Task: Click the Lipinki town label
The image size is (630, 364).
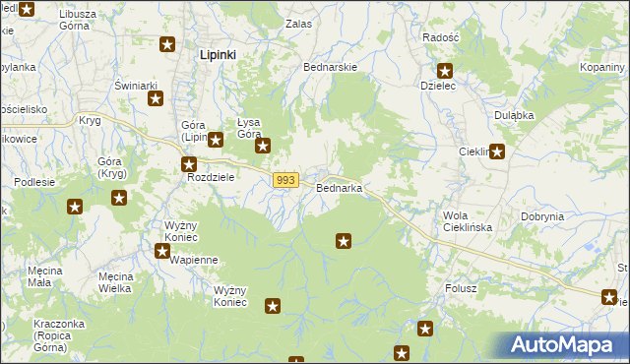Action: tap(218, 55)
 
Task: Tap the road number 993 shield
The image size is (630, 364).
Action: tap(286, 180)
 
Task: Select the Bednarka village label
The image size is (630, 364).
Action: tap(340, 188)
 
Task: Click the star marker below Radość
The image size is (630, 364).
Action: tap(445, 71)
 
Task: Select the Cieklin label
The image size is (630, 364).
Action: tap(475, 152)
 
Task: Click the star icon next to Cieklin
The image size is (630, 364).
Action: tap(498, 152)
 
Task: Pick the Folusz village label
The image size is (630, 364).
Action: tap(460, 288)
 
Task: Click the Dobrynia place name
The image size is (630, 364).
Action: tap(542, 216)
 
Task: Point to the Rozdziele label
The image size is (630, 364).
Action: tap(210, 178)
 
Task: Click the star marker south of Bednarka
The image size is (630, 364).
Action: tap(344, 240)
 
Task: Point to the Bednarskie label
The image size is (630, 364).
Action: tap(331, 67)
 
